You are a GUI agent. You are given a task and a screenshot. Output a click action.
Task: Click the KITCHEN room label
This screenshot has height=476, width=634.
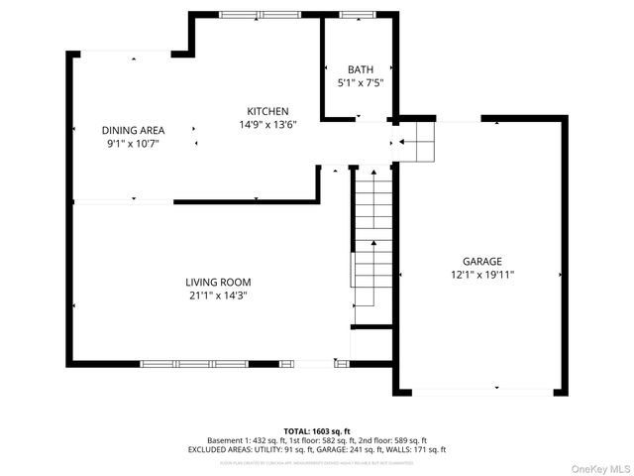tap(267, 111)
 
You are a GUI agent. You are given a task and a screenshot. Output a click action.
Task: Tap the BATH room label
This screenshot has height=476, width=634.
tap(360, 69)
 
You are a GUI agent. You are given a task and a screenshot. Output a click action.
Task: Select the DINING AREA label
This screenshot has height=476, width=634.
tap(133, 130)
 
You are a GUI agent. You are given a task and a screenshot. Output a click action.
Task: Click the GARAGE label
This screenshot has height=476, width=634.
tap(481, 261)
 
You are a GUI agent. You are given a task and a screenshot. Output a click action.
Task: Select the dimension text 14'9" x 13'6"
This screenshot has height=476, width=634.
tap(267, 125)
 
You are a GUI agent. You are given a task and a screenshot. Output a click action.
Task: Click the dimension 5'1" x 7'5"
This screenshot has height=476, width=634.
tap(360, 83)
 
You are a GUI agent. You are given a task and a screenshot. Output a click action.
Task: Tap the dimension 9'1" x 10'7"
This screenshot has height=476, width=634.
tap(133, 144)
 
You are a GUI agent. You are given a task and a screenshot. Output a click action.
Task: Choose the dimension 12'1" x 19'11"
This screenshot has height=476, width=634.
tap(481, 275)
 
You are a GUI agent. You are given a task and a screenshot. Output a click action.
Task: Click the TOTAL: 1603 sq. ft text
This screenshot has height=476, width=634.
tap(316, 430)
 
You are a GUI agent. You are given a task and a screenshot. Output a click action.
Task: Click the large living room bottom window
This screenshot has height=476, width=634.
tap(193, 364)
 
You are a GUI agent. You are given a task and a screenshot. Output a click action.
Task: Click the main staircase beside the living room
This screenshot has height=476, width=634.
tap(372, 238)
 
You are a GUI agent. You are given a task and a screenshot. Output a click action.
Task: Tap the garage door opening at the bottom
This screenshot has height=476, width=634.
tap(483, 393)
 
